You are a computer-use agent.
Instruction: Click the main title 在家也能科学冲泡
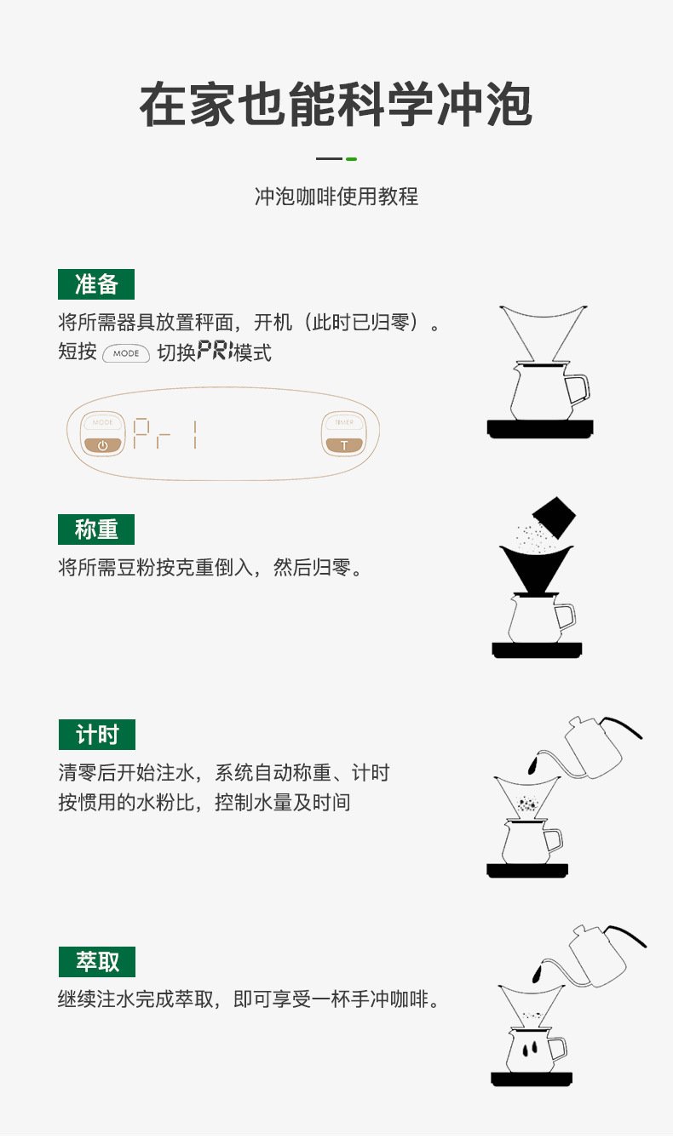[336, 106]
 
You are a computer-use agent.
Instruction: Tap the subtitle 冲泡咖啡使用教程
[336, 197]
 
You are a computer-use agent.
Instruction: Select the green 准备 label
[96, 284]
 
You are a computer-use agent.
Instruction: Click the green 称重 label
[96, 529]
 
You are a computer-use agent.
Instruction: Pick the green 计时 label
[96, 735]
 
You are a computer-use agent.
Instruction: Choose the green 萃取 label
[96, 962]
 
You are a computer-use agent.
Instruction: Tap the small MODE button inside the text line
[126, 353]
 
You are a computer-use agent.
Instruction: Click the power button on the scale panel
[103, 444]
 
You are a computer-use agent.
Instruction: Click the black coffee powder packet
[554, 517]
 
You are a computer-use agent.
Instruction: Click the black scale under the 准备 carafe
[539, 427]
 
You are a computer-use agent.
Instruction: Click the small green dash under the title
[351, 159]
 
